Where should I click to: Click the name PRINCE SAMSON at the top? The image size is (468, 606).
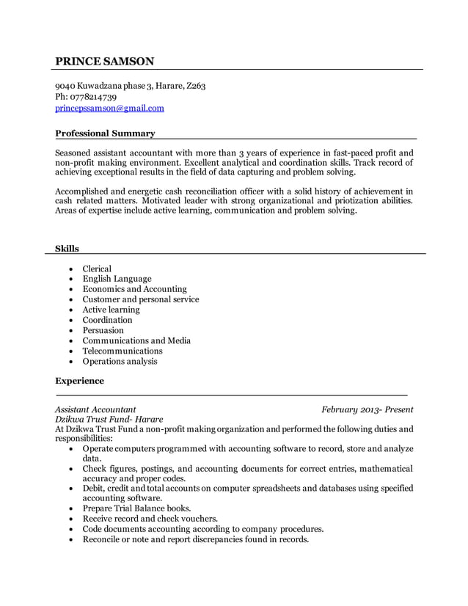coord(105,61)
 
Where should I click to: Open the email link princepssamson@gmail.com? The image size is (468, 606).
coord(110,109)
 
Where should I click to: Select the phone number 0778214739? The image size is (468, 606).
coord(92,97)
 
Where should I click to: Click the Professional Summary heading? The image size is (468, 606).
coord(105,134)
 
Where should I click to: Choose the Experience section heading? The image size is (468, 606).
coord(80,381)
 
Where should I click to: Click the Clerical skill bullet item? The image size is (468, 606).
coord(97,269)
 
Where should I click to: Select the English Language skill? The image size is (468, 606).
coord(117,279)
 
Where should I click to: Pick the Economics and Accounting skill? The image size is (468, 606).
coord(134,289)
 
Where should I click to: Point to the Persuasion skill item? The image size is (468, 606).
coord(103,330)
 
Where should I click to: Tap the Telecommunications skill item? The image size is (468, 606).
coord(123,351)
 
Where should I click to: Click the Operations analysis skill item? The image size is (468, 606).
coord(120,361)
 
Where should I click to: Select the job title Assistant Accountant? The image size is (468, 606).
coord(95,409)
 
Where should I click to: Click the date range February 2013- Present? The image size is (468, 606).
coord(367,409)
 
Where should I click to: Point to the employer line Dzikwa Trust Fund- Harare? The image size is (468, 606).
coord(109,419)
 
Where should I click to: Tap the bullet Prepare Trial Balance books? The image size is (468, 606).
coord(136,508)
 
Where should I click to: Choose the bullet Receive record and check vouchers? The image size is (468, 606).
coord(150,518)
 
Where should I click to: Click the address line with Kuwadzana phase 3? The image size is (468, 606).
coord(131,86)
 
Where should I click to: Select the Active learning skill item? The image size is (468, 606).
coord(111,310)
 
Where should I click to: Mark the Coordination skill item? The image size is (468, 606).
coord(107,320)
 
